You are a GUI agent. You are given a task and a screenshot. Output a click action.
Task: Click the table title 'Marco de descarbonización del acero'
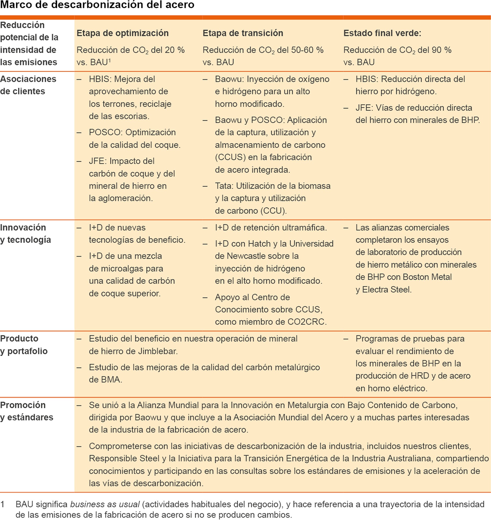[97, 5]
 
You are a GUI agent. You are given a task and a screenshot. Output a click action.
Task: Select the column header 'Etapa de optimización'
[122, 33]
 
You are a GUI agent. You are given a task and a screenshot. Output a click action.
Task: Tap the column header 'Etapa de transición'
[243, 33]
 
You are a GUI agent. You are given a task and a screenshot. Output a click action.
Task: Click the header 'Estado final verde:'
[382, 33]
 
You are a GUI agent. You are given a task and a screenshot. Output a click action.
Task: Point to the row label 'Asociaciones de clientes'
[28, 85]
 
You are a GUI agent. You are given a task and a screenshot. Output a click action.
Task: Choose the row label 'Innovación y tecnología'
[25, 233]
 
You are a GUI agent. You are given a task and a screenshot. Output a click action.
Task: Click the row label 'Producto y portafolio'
[24, 344]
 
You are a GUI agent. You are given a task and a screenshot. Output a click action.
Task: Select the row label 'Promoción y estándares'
[27, 411]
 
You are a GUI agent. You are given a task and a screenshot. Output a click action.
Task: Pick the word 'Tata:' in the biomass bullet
[224, 186]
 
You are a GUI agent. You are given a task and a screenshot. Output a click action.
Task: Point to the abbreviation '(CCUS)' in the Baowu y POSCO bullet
[230, 157]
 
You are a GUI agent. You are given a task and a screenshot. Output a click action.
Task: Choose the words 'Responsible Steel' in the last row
[124, 458]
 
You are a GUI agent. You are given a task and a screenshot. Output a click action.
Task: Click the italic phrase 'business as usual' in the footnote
[105, 504]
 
